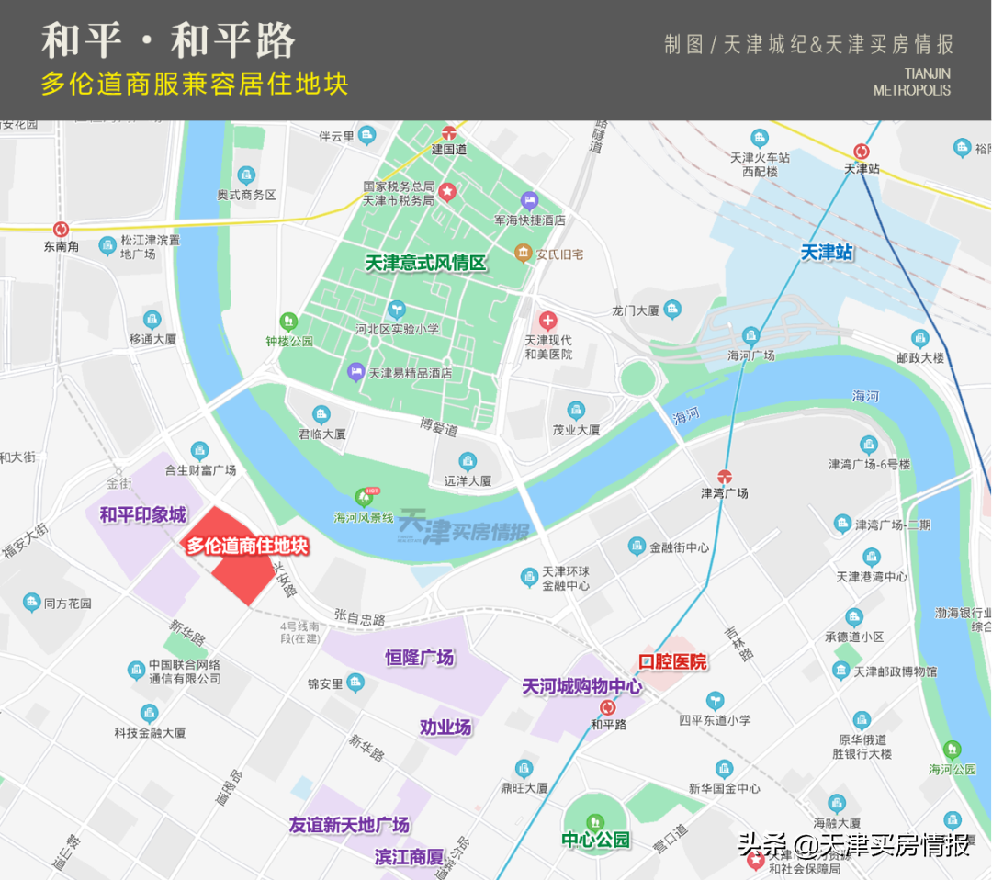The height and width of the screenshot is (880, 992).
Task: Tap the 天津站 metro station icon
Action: tap(862, 152)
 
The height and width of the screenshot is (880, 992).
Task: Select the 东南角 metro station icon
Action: tap(62, 229)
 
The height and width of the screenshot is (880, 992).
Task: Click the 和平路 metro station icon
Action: tap(608, 707)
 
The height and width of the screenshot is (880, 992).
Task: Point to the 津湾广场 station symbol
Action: tap(725, 476)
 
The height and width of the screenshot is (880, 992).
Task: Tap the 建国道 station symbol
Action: tap(449, 132)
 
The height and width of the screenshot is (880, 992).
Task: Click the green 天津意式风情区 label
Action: tap(425, 263)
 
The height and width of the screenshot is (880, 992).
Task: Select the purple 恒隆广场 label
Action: tap(419, 658)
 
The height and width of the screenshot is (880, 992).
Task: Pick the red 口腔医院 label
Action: tap(672, 661)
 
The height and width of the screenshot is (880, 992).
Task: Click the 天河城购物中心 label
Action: tap(581, 686)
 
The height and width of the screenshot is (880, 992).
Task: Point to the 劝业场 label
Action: tap(445, 727)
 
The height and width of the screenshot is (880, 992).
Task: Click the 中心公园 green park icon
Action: tap(595, 819)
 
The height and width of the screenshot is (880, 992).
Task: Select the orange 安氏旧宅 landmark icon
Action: tap(523, 253)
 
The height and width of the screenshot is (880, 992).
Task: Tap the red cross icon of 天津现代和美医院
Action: tap(548, 321)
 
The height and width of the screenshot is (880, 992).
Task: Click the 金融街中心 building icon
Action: tap(637, 547)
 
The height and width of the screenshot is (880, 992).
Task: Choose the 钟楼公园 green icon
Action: tap(289, 322)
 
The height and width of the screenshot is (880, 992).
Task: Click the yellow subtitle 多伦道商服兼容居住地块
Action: tap(195, 85)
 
